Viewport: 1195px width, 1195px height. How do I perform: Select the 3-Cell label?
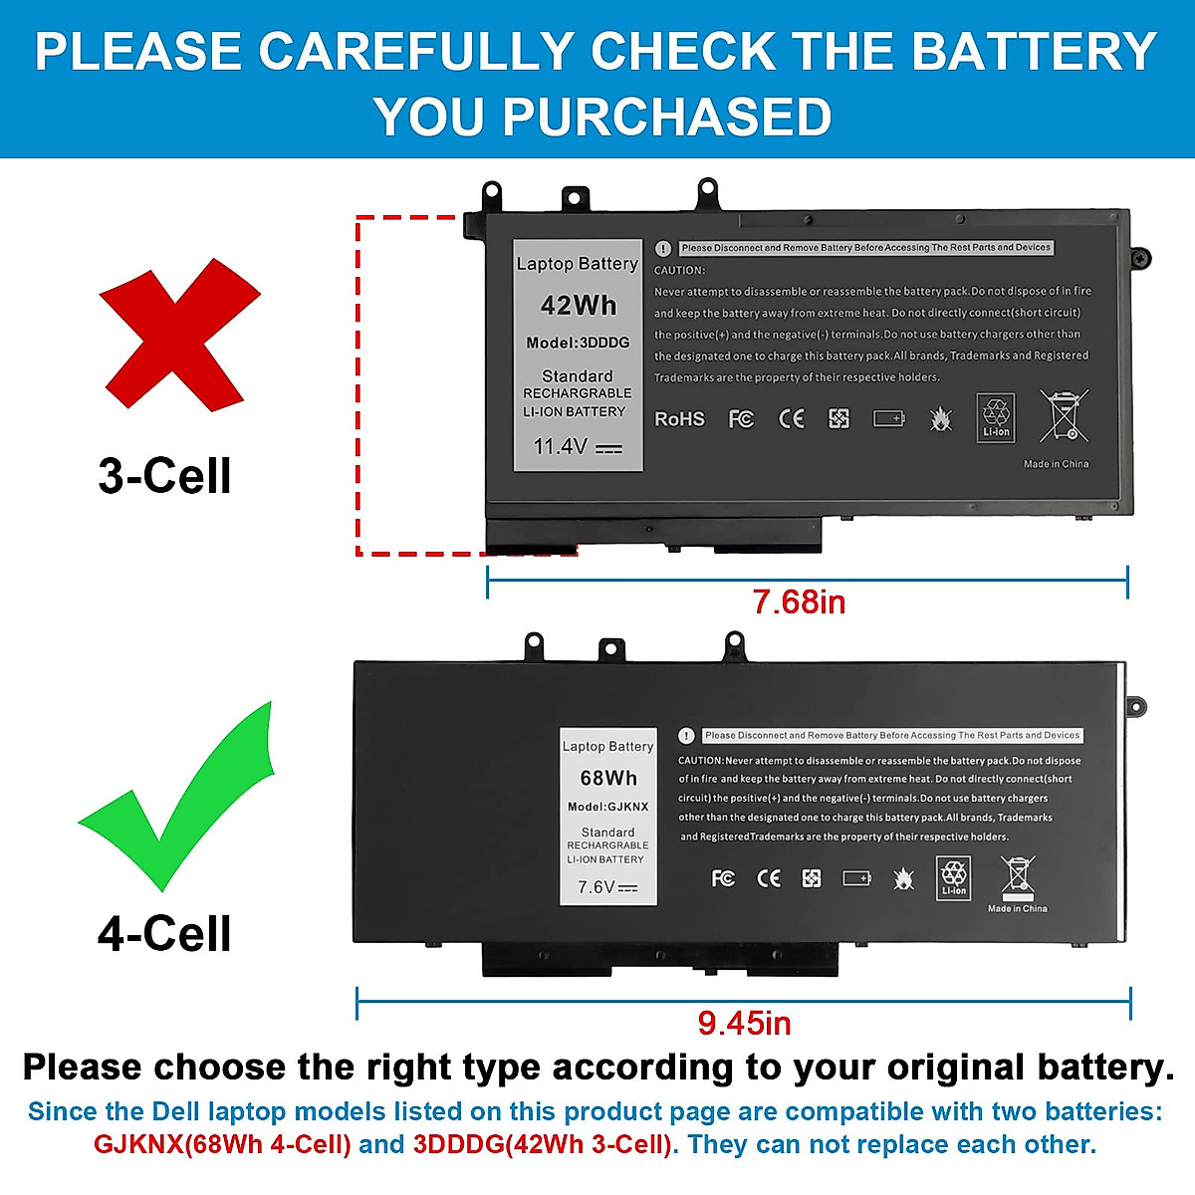[164, 476]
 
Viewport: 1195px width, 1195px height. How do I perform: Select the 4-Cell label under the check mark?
[164, 934]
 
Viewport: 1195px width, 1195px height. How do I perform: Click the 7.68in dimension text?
[799, 602]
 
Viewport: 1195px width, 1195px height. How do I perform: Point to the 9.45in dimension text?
[744, 1023]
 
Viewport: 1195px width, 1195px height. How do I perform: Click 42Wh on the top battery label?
[579, 306]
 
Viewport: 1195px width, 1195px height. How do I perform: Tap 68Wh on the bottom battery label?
[608, 778]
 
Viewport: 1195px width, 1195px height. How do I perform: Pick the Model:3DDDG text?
[578, 343]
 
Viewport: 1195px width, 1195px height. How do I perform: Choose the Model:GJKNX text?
[608, 807]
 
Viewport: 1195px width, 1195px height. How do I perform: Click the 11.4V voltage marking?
[561, 447]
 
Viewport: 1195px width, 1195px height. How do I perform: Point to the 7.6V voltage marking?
[597, 887]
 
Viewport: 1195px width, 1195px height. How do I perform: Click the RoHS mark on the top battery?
[679, 419]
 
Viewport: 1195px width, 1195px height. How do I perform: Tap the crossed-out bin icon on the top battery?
[1064, 415]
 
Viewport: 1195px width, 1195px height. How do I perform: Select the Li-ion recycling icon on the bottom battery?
[954, 877]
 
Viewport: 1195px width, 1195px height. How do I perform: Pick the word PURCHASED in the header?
[667, 117]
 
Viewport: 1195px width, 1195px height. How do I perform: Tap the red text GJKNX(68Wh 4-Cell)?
[222, 1145]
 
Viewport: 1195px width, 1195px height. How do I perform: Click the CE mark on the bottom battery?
[769, 878]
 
